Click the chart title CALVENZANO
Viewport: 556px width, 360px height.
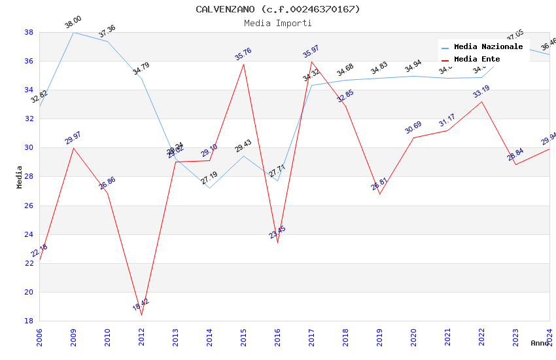(x=277, y=9)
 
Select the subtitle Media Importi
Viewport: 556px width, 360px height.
(x=277, y=23)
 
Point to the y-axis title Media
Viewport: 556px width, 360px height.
(x=20, y=176)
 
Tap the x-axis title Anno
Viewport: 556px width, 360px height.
(x=540, y=343)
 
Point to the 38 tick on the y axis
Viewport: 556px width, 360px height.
(x=29, y=32)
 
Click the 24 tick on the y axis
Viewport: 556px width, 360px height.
(x=29, y=234)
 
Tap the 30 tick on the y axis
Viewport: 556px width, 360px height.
(x=29, y=148)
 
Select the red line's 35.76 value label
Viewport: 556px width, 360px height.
(x=243, y=54)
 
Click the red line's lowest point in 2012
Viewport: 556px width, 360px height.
(x=141, y=315)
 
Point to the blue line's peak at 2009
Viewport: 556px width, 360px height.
(x=73, y=32)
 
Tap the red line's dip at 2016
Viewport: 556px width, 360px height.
(x=277, y=243)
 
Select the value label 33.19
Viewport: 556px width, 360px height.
(x=481, y=92)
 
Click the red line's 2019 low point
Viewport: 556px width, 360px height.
(x=379, y=194)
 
